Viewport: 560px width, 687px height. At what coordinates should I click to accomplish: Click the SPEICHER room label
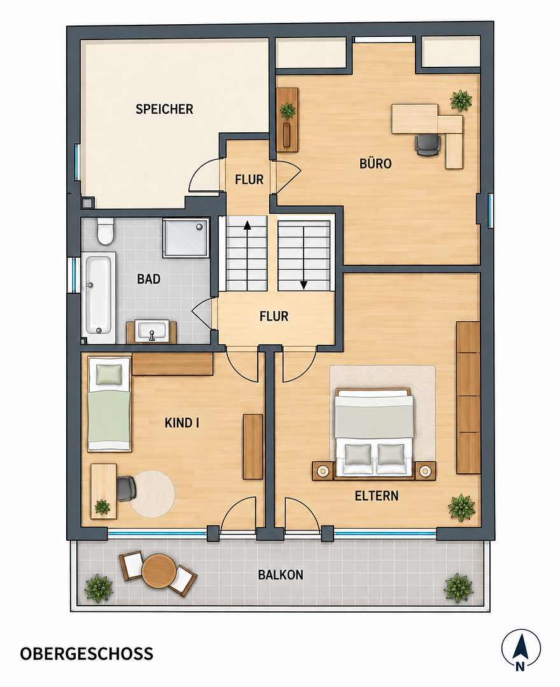pos(164,109)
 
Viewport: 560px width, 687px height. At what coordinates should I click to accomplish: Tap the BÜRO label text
pos(375,164)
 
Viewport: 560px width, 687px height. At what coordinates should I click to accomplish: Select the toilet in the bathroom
pos(106,232)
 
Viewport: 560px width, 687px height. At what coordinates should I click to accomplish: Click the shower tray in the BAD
pos(186,238)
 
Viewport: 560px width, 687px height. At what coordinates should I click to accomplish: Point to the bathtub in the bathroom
pos(98,298)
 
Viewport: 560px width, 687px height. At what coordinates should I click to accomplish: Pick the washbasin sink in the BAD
pos(151,331)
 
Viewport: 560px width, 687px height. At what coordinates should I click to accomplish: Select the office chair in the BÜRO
pos(428,145)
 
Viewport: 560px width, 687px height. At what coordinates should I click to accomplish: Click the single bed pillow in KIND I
pos(109,374)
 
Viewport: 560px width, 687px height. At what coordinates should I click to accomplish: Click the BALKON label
pos(281,575)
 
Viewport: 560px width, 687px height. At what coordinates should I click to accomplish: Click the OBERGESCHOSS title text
pos(87,654)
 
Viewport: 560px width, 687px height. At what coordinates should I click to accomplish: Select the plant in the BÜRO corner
pos(461,101)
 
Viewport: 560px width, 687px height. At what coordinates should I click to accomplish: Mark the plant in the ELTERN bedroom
pos(461,508)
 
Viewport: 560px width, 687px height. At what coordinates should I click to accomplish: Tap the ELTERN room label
pos(376,496)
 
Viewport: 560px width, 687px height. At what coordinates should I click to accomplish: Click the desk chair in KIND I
pos(126,489)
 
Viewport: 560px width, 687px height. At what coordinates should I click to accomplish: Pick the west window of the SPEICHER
pos(77,162)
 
